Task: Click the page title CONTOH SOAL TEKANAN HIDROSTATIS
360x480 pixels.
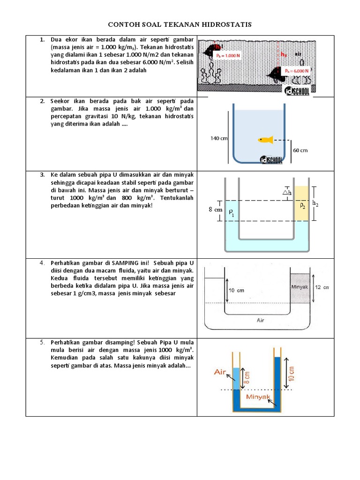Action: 180,24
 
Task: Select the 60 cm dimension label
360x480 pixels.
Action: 300,150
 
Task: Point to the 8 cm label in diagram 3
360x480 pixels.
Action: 215,210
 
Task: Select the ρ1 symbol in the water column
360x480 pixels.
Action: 231,212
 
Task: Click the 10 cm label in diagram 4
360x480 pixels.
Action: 236,290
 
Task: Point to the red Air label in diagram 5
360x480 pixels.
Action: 220,372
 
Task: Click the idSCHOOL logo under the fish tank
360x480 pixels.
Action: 271,159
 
